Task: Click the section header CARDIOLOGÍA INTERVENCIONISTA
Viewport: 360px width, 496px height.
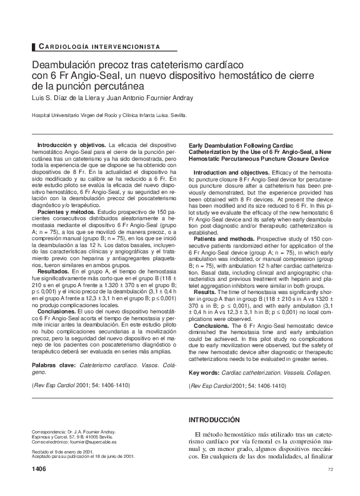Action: (99, 47)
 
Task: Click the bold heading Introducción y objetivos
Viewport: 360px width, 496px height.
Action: (70, 145)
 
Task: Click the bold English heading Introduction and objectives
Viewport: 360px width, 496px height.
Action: (230, 171)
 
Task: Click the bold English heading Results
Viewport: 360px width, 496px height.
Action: (205, 275)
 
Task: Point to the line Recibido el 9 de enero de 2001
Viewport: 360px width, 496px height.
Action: (62, 452)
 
